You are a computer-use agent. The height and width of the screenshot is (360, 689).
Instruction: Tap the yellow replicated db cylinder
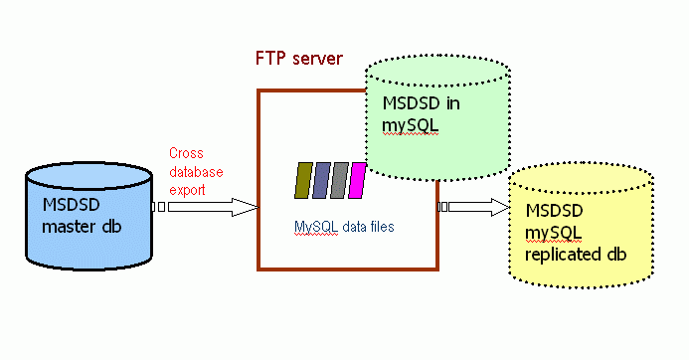click(x=582, y=234)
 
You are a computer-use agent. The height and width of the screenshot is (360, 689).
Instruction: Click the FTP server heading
click(x=299, y=58)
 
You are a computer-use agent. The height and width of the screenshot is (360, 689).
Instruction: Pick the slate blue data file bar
click(x=321, y=180)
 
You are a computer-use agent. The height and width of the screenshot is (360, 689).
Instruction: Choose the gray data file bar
click(x=339, y=180)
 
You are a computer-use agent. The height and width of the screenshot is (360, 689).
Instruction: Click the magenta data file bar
click(x=357, y=180)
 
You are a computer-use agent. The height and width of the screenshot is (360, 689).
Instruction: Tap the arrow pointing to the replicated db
click(x=475, y=207)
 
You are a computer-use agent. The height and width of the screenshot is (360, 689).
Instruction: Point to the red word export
click(x=187, y=187)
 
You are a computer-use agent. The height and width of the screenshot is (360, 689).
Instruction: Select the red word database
click(x=195, y=170)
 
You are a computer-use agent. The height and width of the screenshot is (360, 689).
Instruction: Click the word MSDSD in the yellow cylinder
click(x=554, y=211)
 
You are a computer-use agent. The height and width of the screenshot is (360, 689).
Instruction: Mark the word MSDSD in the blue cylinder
click(x=72, y=205)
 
